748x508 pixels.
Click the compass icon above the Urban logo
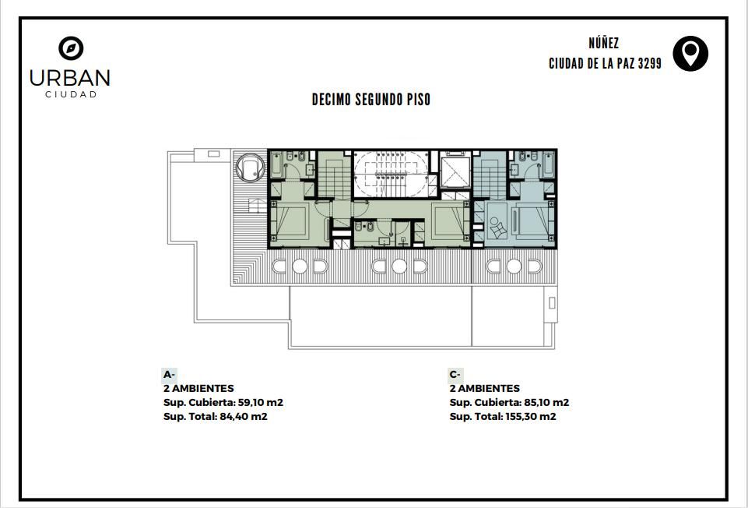coord(71,48)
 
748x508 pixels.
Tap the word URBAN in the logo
coord(69,78)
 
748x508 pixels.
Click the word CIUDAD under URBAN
coord(71,94)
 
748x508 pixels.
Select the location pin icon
coord(690,54)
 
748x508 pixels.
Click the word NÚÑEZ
coord(604,44)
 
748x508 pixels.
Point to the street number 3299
coord(650,64)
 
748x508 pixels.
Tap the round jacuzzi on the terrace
coord(251,167)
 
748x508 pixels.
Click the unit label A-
coord(170,374)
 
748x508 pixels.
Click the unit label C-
coord(455,374)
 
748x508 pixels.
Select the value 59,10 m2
coord(261,403)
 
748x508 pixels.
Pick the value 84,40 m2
coord(244,416)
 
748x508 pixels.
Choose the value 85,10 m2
coord(546,403)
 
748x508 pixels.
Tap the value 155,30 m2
coord(531,416)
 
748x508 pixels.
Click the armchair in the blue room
coord(497,228)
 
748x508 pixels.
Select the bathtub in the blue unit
coord(548,164)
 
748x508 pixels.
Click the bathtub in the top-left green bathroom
coord(276,164)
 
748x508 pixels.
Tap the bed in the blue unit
coord(532,220)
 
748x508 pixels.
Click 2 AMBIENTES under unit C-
coord(484,388)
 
